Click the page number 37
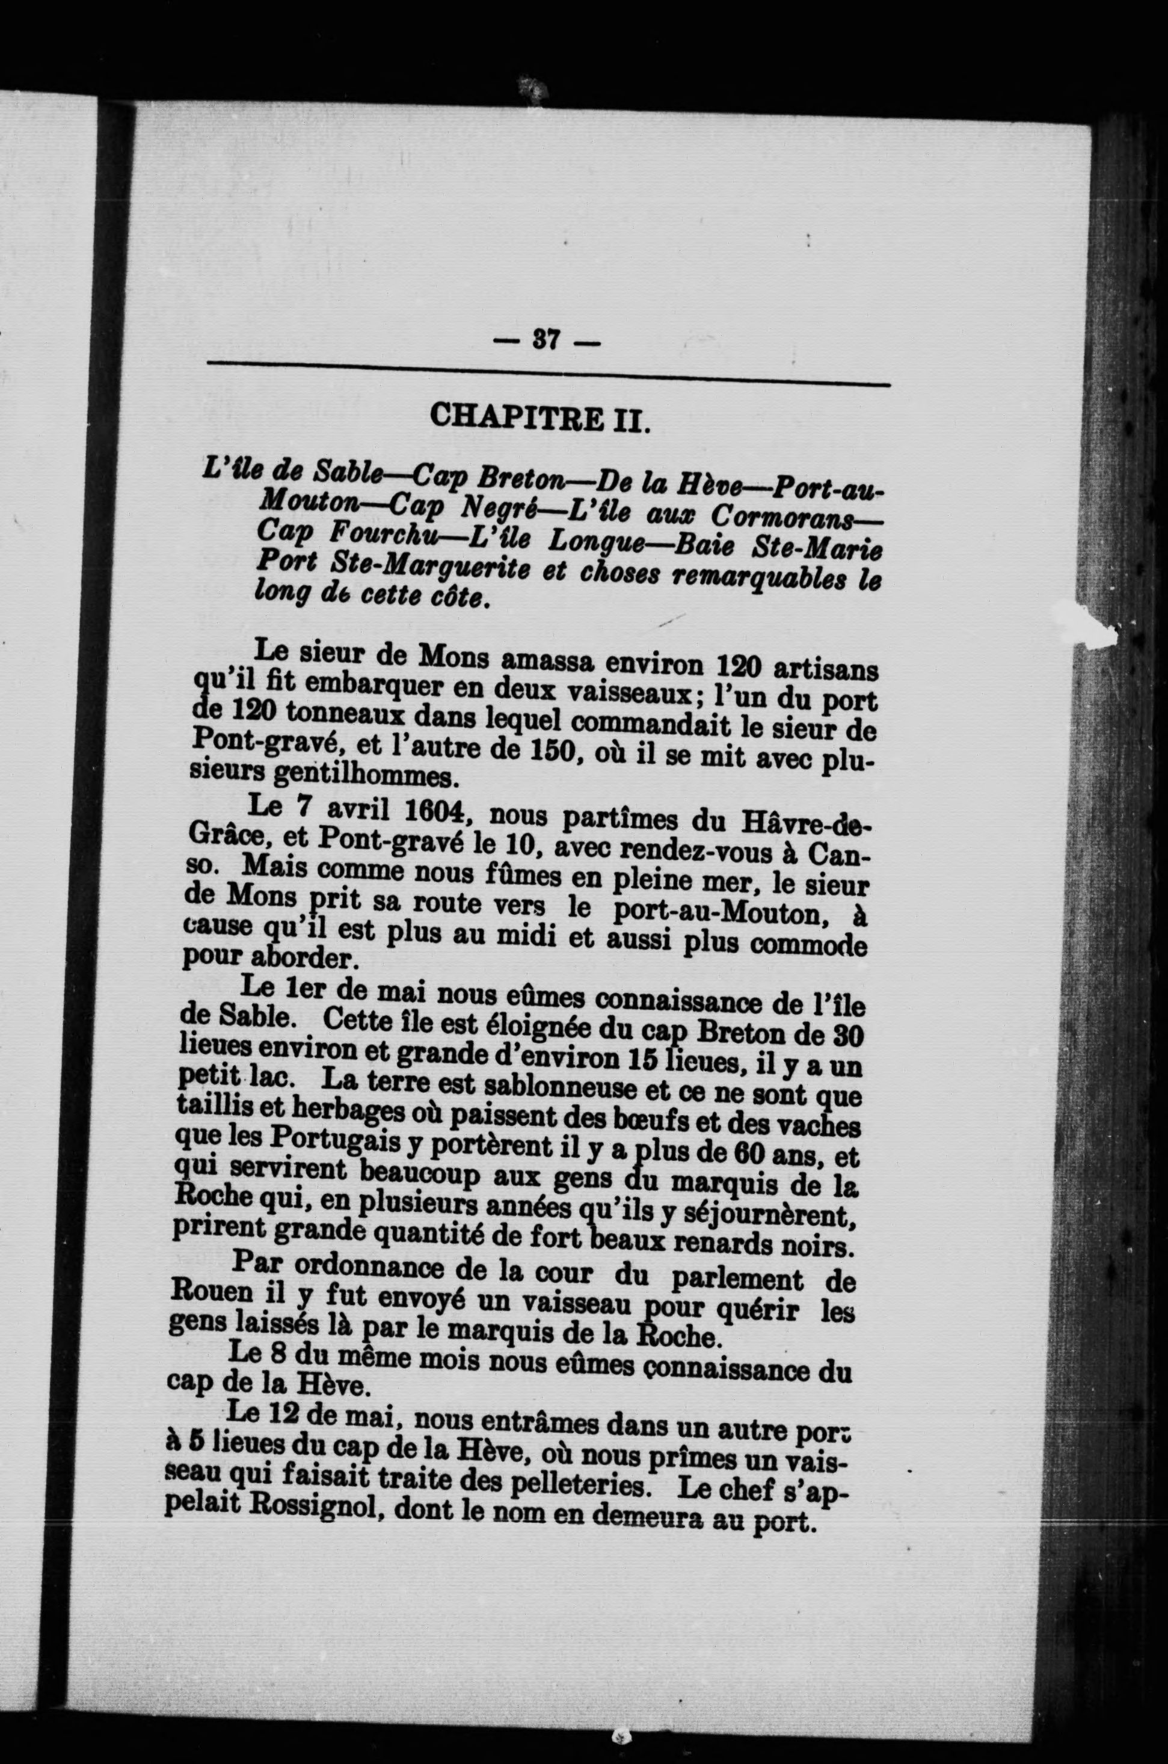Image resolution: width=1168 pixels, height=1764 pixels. tap(547, 340)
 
